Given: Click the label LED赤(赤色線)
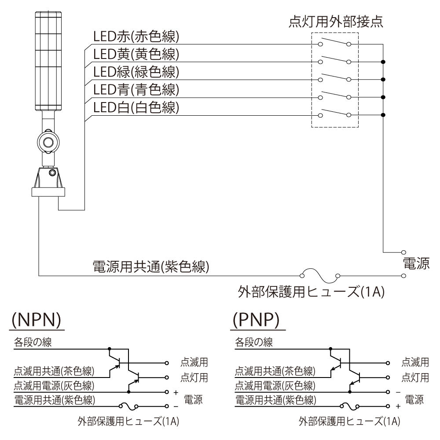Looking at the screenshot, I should [136, 37].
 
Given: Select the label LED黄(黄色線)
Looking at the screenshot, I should [136, 54].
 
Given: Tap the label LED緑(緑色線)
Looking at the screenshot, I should [136, 72].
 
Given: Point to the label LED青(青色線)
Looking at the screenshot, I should [136, 89].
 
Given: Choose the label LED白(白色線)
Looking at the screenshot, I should [136, 107].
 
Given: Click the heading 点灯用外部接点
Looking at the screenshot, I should [336, 21].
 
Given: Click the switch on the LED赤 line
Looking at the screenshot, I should [334, 44].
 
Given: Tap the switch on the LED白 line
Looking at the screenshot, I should [334, 114].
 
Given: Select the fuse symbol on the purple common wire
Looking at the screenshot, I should [320, 276].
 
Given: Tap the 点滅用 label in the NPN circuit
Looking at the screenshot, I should [194, 363].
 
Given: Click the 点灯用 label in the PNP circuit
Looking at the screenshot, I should [416, 377].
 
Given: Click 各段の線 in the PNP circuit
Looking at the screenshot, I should [254, 342].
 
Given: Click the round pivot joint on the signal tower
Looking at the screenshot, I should [46, 141].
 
